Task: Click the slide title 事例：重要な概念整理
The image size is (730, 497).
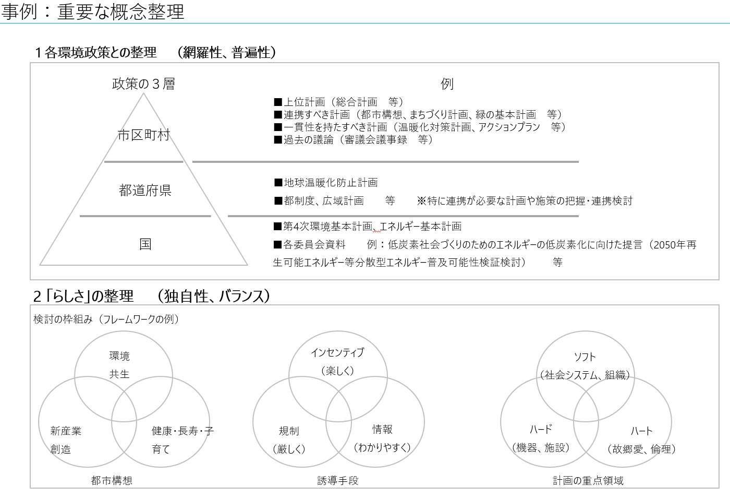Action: tap(93, 11)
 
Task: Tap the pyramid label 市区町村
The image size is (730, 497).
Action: tap(144, 135)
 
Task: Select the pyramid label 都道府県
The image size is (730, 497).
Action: tap(145, 191)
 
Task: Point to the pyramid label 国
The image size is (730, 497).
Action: tap(145, 244)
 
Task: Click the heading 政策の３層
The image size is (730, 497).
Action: tap(143, 84)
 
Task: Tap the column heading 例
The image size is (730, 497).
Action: tap(447, 84)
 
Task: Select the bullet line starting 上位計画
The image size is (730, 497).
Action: tap(339, 102)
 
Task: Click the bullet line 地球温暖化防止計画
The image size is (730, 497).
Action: tap(326, 183)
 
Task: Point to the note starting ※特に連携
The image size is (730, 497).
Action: tap(525, 201)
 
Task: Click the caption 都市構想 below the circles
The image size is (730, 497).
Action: tap(112, 480)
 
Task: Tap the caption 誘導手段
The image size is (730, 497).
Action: tap(338, 480)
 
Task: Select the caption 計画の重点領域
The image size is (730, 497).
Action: tap(588, 480)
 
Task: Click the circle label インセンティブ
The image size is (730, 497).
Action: tap(337, 353)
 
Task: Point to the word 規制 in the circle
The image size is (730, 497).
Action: tap(289, 431)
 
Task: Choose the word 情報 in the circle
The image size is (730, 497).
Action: tap(382, 430)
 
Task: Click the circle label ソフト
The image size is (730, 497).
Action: tap(585, 357)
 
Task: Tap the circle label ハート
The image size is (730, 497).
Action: tap(641, 431)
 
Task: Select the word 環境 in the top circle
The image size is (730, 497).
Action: tap(119, 356)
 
